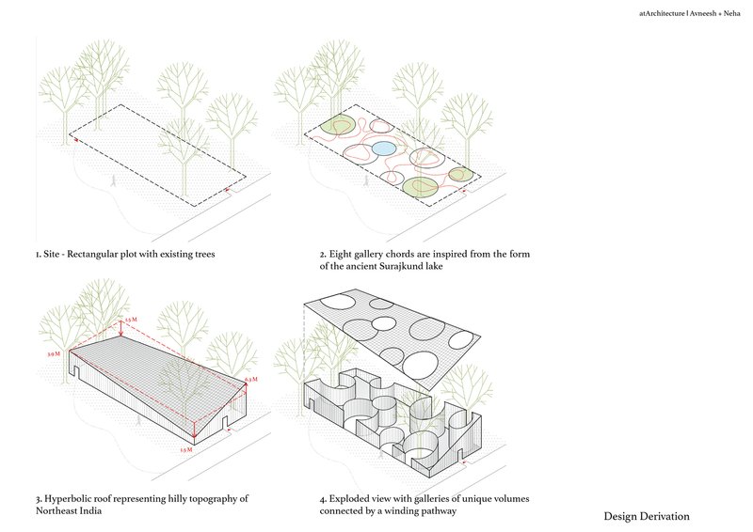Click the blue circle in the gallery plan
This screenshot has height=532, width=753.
click(383, 149)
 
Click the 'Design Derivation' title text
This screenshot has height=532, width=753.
click(647, 516)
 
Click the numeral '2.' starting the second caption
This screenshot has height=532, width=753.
click(323, 254)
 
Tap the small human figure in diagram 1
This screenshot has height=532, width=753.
click(115, 180)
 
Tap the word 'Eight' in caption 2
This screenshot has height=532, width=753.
click(341, 254)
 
